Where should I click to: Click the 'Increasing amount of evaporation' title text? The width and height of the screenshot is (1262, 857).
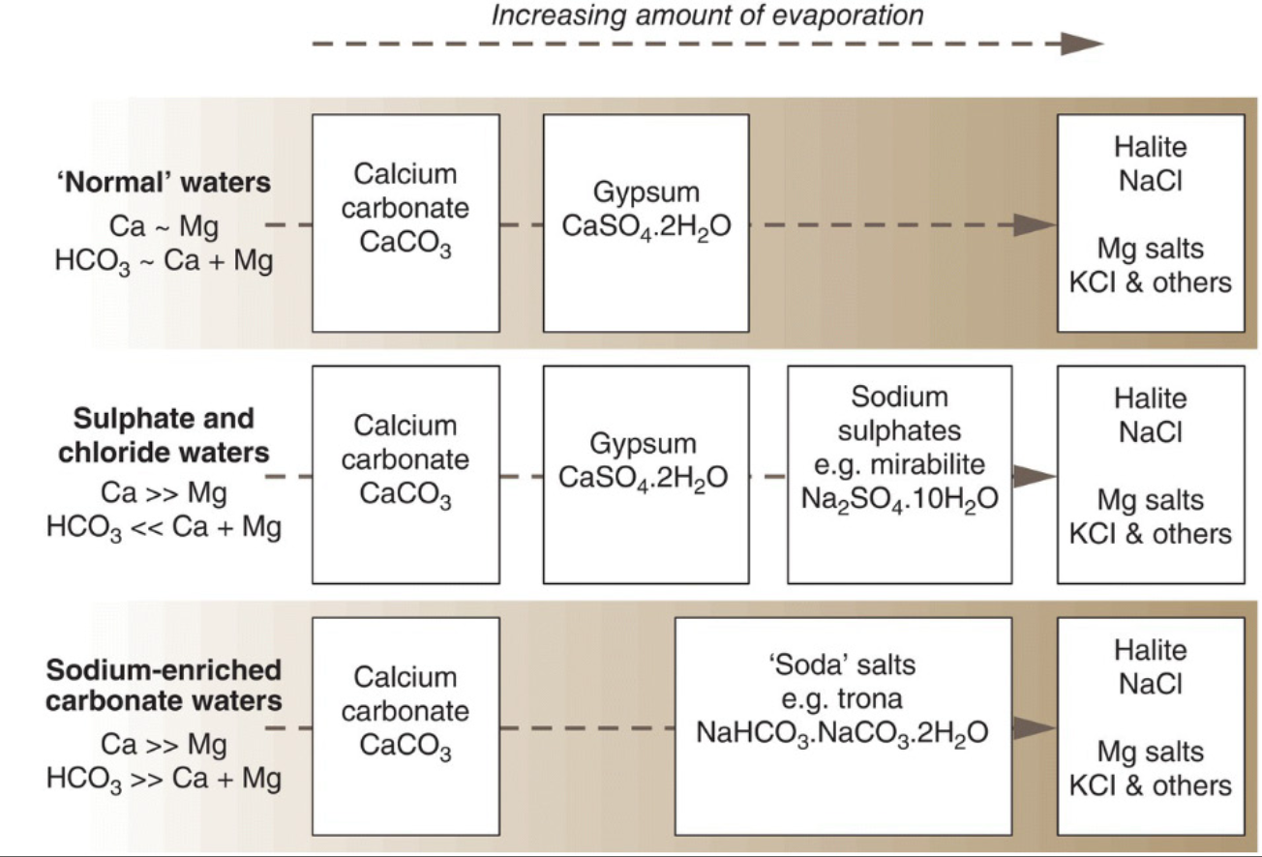pos(707,15)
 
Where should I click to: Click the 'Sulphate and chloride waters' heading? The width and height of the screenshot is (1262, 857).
pos(164,435)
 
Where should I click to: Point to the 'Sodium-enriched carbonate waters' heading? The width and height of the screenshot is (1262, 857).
pos(164,685)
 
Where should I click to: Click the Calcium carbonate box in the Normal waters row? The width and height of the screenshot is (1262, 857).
pos(406,222)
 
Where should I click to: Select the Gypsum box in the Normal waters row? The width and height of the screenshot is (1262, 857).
pos(646,222)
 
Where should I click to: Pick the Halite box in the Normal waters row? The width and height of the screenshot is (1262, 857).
pos(1150,222)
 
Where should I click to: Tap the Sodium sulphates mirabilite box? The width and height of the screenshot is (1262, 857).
pos(899,474)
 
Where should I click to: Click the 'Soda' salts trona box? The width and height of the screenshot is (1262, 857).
pos(843,726)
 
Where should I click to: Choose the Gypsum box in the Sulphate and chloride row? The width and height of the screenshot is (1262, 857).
pos(646,474)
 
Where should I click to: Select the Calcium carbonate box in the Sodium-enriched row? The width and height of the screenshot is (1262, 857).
pos(406,726)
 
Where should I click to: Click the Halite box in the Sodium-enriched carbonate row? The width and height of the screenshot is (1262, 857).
pos(1150,726)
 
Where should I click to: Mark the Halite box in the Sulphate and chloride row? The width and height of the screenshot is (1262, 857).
pos(1150,474)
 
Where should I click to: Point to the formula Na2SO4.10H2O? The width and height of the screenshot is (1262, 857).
pos(899,499)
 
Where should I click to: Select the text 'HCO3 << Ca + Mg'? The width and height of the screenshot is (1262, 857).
pos(164,528)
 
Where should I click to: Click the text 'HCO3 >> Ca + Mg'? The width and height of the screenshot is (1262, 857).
pos(164,779)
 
